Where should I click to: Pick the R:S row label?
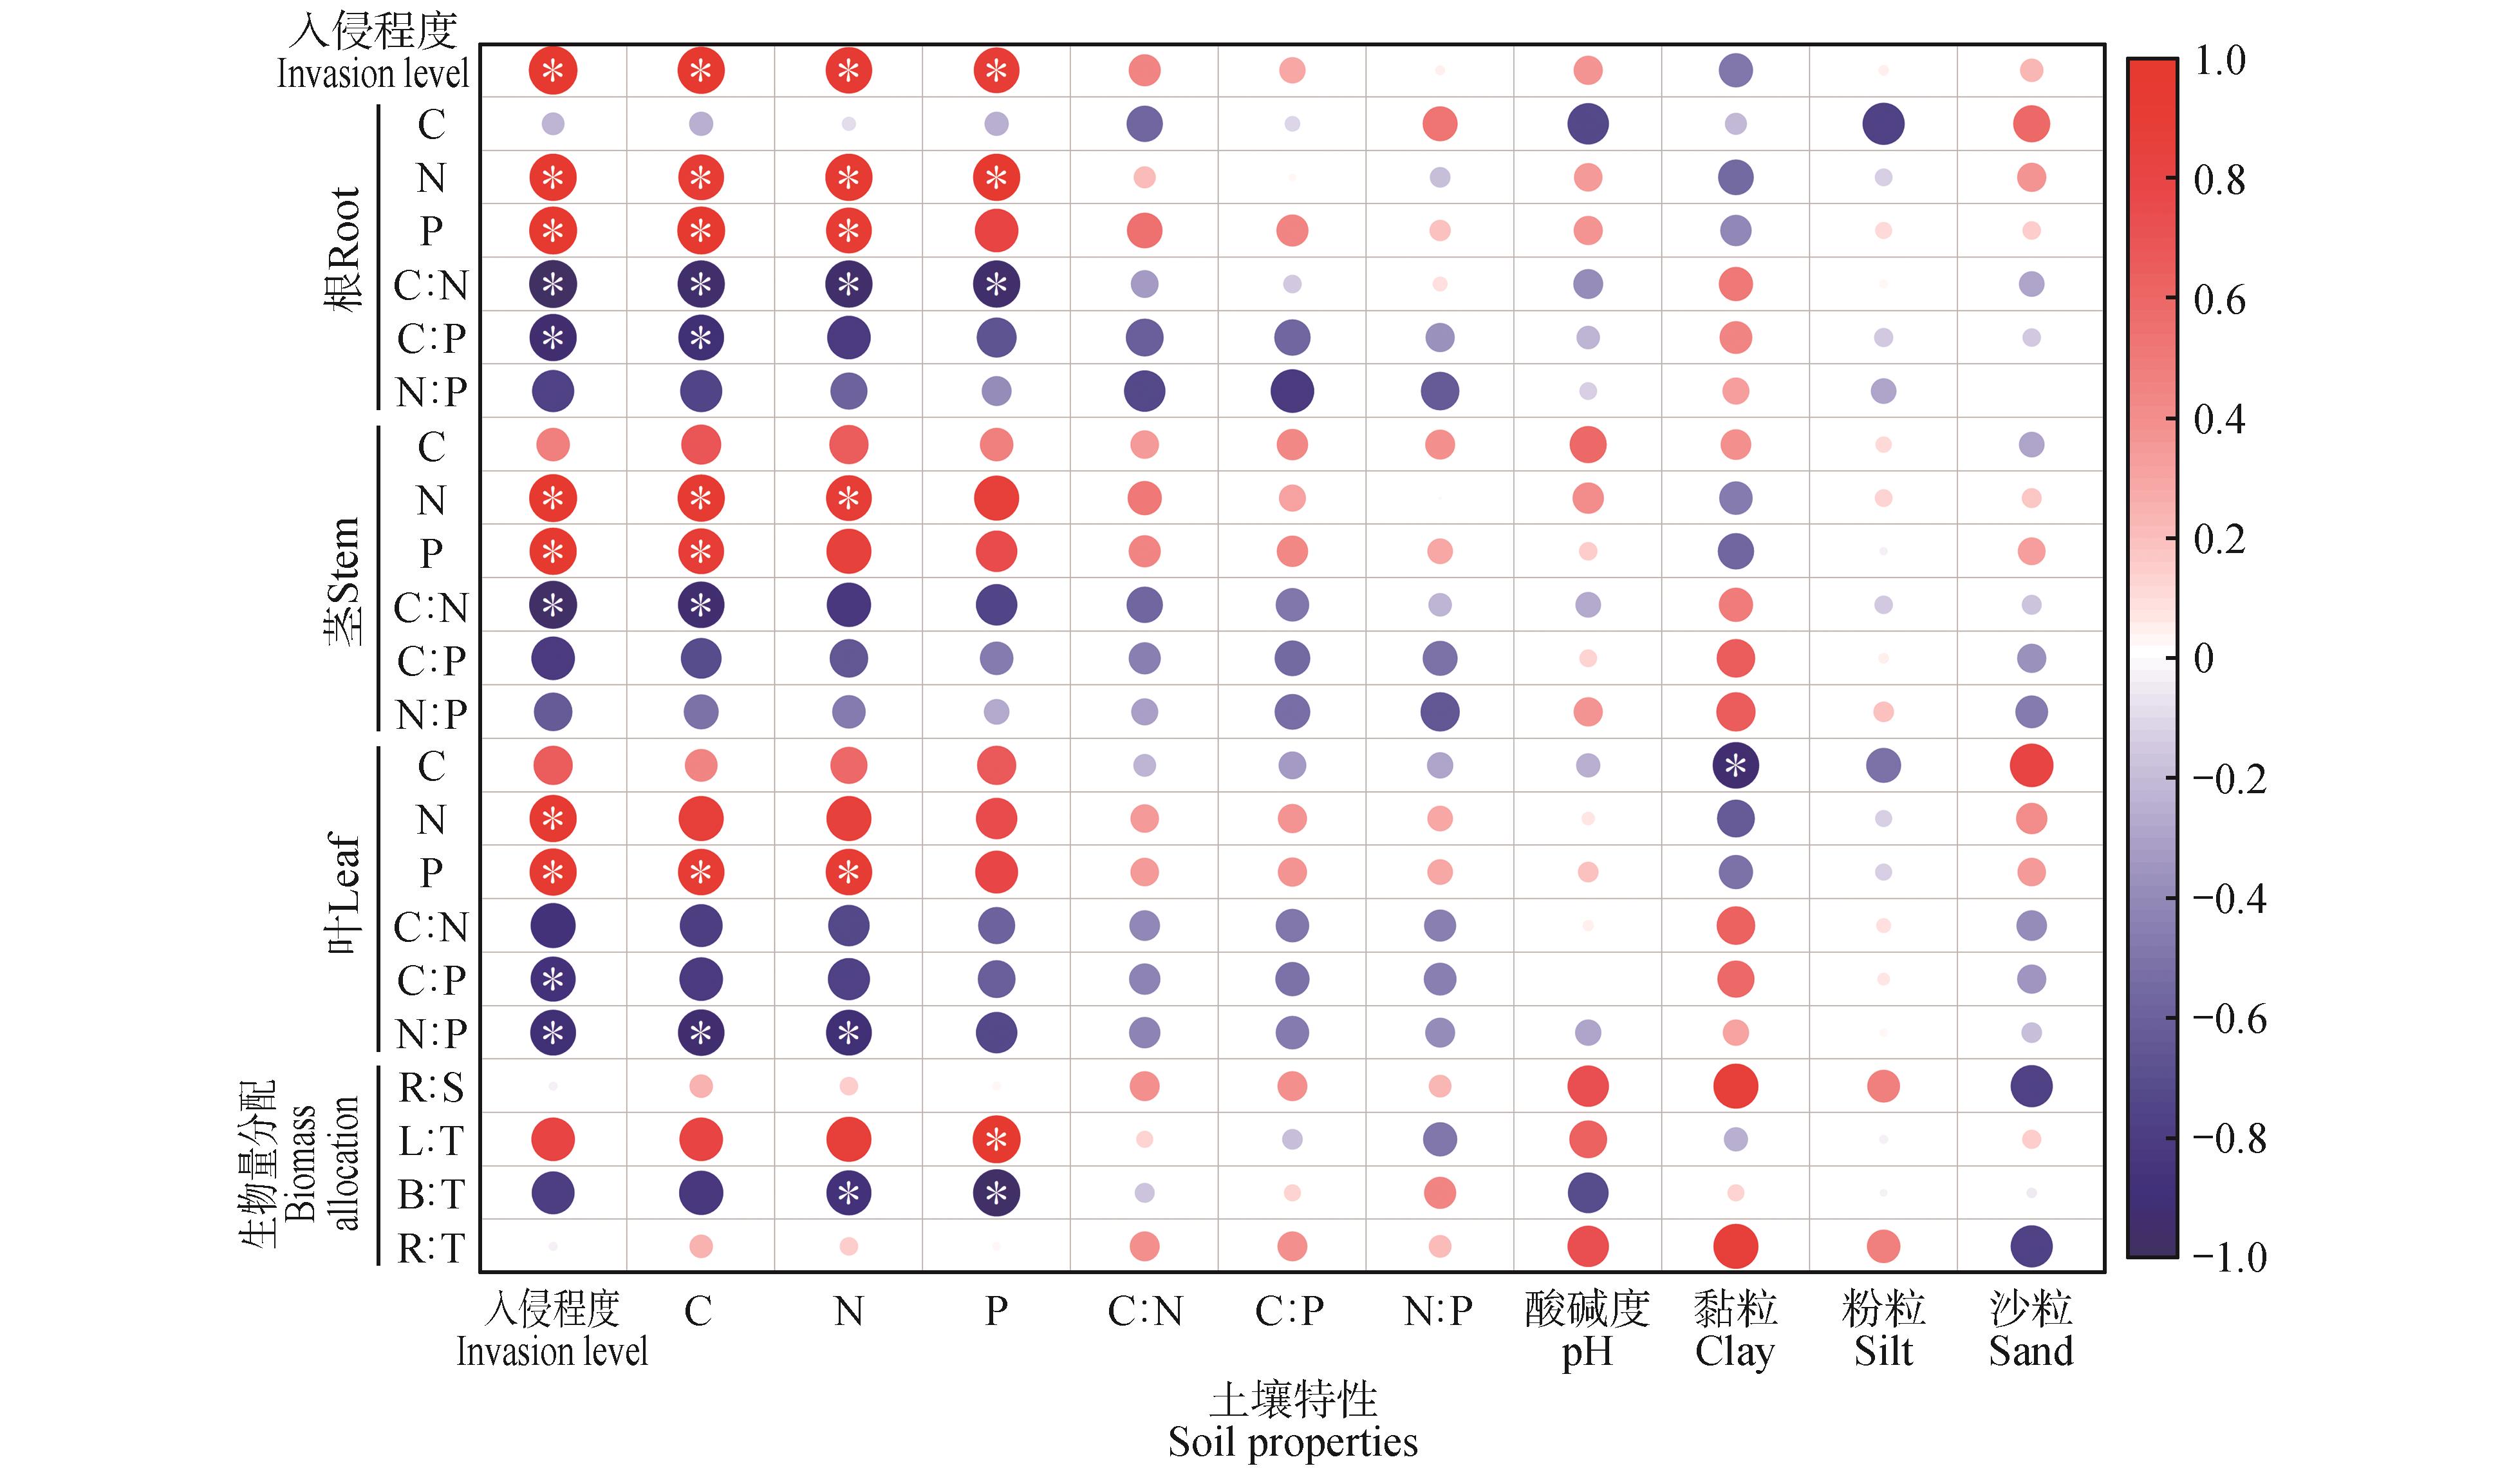431,1087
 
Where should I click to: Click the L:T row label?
431,1140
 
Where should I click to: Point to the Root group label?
344,249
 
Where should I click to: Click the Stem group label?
344,583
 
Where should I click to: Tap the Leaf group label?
344,894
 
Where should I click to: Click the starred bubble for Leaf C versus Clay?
1735,766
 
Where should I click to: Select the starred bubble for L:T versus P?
996,1140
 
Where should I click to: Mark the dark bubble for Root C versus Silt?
1883,124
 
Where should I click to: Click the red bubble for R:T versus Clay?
1735,1246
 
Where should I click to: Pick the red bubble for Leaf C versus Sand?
2031,766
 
